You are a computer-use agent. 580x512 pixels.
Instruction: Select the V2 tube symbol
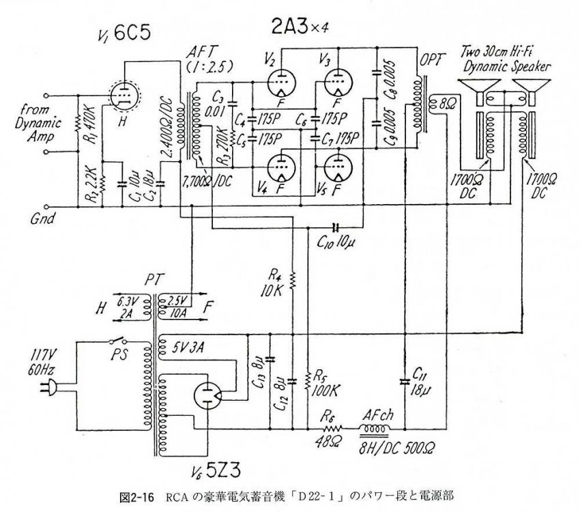[x=281, y=85]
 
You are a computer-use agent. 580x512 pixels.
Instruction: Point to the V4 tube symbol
[x=281, y=167]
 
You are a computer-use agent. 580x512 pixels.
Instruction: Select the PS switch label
[x=119, y=355]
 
